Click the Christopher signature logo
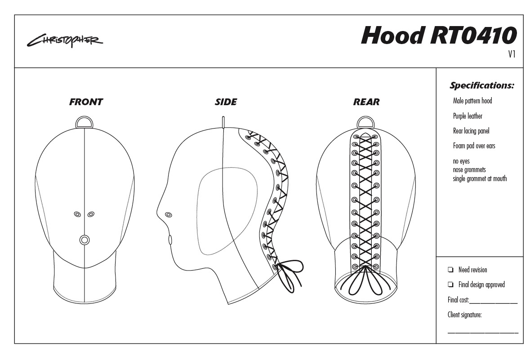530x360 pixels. tap(65, 41)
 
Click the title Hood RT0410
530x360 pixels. tap(439, 35)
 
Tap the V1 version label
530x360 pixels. tap(512, 54)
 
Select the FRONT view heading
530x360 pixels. tap(86, 102)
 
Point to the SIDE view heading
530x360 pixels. tap(226, 102)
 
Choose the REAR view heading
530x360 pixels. tap(366, 102)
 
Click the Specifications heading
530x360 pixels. tap(481, 85)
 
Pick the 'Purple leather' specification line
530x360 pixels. tap(468, 116)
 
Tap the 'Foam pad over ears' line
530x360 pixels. tap(474, 146)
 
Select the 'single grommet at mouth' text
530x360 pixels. tap(480, 178)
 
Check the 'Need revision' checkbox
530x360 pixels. tap(450, 270)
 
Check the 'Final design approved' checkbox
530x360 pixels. tap(450, 284)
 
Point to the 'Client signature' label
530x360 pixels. tap(464, 315)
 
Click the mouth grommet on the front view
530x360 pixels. tap(84, 240)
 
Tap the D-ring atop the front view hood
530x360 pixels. tap(85, 121)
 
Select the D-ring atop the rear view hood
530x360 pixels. tap(366, 121)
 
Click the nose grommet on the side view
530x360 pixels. tap(169, 214)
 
